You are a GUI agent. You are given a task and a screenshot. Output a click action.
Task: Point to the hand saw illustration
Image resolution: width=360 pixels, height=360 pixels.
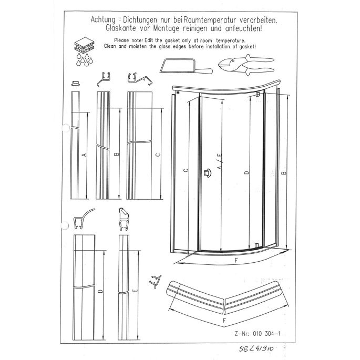[184, 68]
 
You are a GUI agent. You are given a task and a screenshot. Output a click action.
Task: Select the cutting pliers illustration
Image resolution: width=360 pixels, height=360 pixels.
[246, 65]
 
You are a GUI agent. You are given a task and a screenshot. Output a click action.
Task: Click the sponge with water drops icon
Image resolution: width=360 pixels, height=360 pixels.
[83, 50]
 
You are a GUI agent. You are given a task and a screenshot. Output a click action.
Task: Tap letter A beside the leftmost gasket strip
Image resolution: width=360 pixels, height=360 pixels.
[84, 156]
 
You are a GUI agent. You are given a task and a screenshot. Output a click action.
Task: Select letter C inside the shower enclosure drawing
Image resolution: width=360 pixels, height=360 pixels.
[186, 170]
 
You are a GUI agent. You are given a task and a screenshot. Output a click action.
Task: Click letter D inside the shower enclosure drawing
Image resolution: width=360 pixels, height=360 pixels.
[246, 172]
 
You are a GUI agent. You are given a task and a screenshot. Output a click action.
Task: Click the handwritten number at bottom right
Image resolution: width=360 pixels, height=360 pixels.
[258, 349]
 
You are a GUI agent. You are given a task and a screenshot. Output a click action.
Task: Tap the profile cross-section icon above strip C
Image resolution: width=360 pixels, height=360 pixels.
[137, 79]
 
